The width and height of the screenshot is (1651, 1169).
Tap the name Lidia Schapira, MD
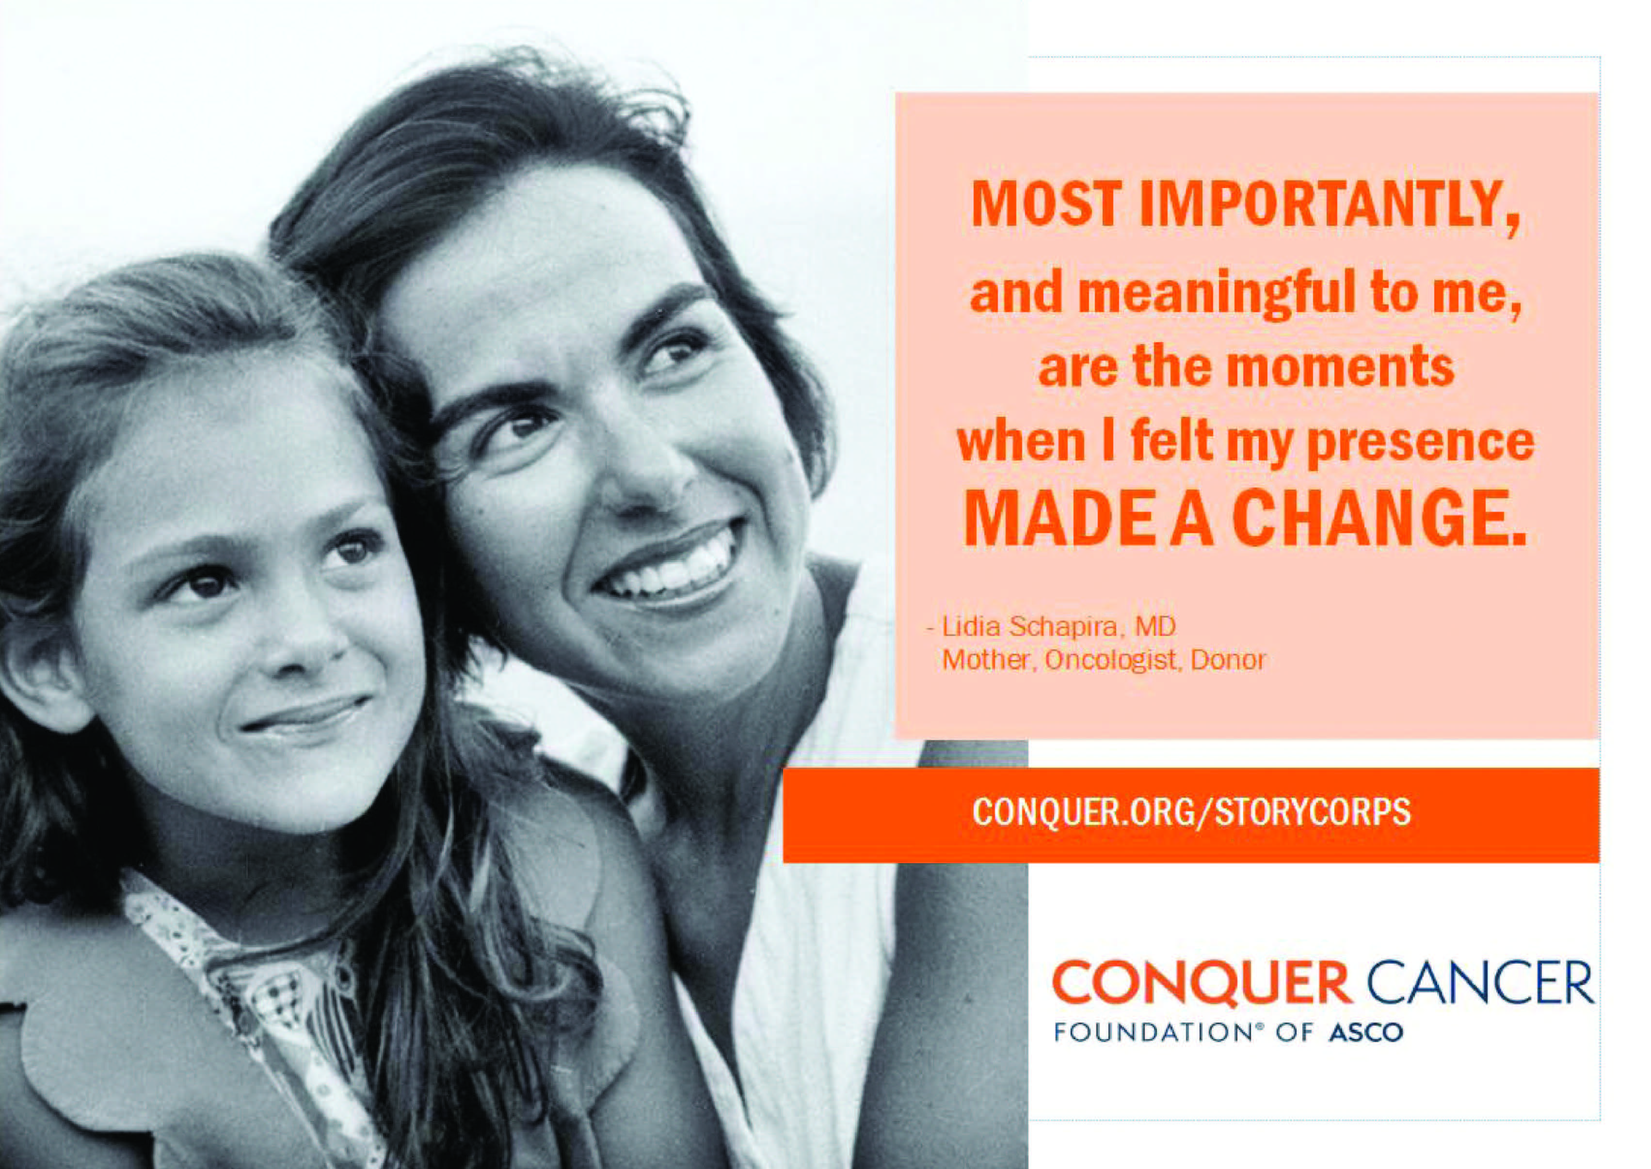[x=1059, y=628]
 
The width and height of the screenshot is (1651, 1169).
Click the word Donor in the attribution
[x=1228, y=661]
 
